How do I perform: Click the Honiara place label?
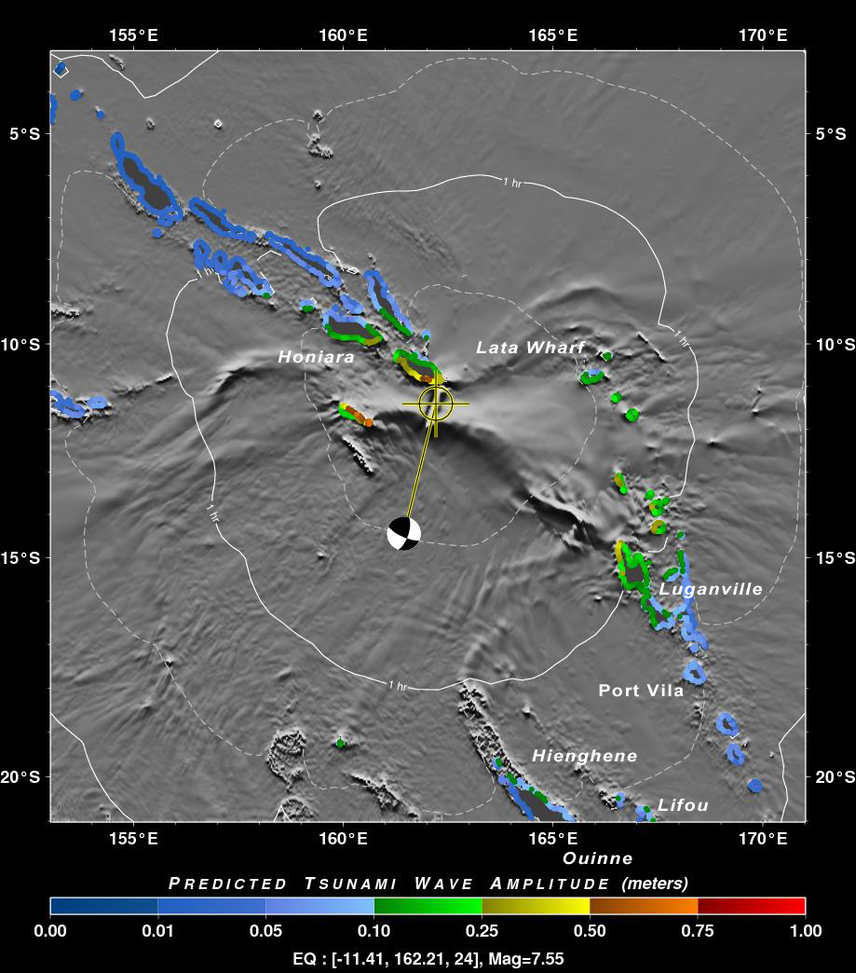(303, 357)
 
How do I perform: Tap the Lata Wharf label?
(530, 348)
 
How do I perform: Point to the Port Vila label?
(641, 691)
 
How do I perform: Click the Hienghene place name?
(585, 756)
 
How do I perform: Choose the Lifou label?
(683, 805)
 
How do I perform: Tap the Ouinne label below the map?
(598, 858)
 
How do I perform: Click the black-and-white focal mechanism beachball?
(403, 534)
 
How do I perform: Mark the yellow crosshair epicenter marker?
(435, 403)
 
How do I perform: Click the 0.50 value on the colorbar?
(590, 930)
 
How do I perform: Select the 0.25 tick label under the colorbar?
(482, 930)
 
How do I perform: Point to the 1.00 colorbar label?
(805, 930)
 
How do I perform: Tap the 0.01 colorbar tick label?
(158, 930)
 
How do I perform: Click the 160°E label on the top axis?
(343, 35)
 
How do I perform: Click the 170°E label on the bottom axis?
(763, 838)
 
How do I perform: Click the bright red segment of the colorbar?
(778, 906)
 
